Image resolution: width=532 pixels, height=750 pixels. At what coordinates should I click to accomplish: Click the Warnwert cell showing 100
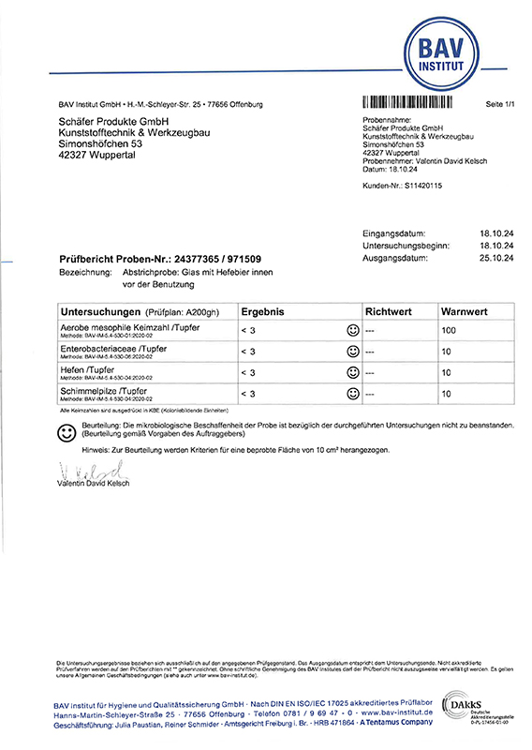(x=449, y=331)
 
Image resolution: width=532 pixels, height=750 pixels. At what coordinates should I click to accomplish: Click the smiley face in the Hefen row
(x=353, y=373)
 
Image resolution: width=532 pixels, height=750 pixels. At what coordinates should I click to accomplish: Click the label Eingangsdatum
(x=393, y=233)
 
